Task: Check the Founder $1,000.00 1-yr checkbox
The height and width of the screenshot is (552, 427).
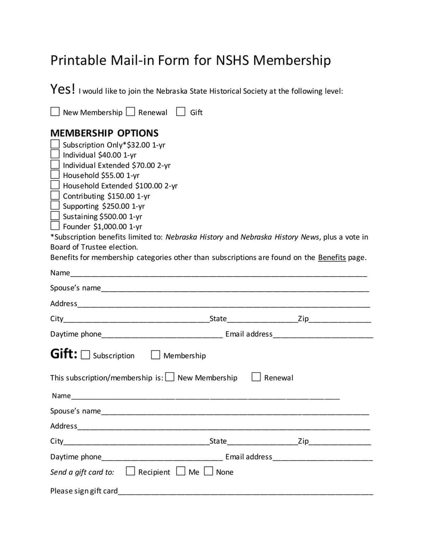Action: (55, 226)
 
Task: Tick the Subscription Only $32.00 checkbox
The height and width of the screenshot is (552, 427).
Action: (55, 144)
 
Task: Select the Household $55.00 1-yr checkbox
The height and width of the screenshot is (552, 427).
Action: (55, 174)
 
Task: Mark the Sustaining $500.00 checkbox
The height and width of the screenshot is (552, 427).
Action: (55, 215)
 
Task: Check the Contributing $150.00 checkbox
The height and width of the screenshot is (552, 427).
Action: (55, 195)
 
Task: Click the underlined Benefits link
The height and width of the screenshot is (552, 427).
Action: (332, 257)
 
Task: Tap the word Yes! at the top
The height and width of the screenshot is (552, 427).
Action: (63, 89)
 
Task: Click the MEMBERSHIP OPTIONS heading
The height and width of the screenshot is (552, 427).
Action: (104, 133)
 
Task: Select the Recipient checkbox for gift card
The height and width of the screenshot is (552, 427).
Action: (130, 471)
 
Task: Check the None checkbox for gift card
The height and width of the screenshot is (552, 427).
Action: (209, 471)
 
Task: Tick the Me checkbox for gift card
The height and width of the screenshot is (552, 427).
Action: (180, 471)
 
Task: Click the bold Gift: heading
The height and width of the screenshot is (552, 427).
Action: (64, 354)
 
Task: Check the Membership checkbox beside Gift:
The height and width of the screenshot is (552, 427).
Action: (156, 355)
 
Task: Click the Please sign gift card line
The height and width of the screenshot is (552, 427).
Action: (246, 491)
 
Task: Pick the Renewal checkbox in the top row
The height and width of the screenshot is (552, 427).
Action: (131, 112)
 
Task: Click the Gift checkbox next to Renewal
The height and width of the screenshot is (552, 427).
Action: (181, 112)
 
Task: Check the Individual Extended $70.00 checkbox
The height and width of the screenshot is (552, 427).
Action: (55, 164)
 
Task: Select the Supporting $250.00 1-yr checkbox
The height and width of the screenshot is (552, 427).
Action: (55, 205)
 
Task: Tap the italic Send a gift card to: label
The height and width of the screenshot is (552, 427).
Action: (82, 472)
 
